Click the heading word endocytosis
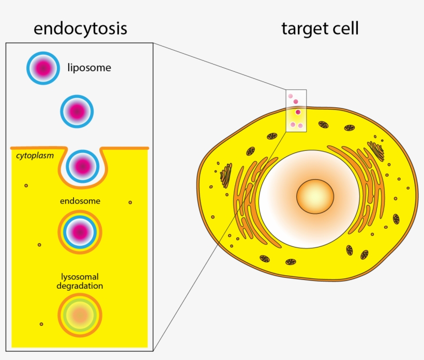(80, 29)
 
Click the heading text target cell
(320, 29)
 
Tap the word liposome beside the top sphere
(89, 67)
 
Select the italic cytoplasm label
(35, 155)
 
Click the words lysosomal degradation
(80, 281)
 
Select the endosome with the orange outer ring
(80, 232)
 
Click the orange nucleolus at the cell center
(315, 197)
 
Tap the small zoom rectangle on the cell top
(296, 110)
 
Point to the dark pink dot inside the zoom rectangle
(298, 112)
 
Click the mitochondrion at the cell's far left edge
(225, 176)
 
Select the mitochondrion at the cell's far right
(396, 218)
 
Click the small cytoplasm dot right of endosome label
(130, 202)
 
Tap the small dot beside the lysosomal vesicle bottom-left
(41, 324)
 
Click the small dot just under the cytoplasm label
(26, 185)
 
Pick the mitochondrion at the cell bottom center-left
(264, 258)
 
